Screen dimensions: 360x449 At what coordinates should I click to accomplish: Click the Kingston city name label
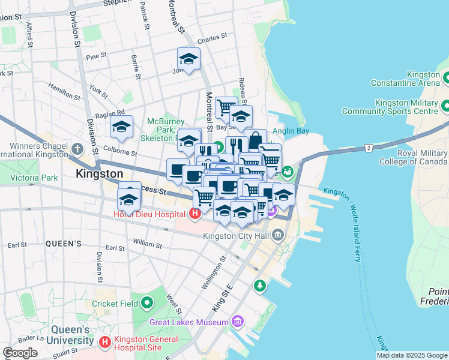(100, 174)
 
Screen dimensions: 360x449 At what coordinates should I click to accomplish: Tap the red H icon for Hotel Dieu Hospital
(194, 213)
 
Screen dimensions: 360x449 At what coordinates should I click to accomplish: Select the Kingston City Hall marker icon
(278, 235)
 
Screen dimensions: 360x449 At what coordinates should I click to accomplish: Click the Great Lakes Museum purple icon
(238, 322)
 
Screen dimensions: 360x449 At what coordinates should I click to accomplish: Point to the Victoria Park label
(34, 178)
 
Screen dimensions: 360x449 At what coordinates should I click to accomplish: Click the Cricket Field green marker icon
(146, 304)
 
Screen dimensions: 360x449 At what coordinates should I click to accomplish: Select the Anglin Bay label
(291, 132)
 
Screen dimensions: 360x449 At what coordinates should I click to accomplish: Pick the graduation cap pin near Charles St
(188, 59)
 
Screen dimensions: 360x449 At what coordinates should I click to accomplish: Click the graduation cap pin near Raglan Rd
(121, 127)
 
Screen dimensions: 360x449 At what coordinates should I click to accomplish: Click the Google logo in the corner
(20, 352)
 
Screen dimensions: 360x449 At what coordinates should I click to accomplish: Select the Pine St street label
(96, 56)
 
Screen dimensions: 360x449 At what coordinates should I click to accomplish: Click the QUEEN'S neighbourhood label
(63, 244)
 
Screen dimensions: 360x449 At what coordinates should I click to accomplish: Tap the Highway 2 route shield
(368, 147)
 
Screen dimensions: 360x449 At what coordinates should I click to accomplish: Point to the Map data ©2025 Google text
(411, 355)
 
